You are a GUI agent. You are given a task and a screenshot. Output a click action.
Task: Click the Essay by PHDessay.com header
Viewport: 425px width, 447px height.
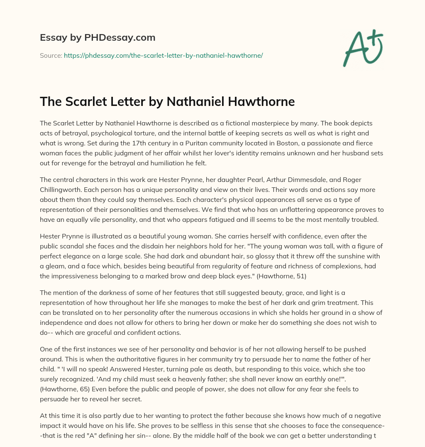98,38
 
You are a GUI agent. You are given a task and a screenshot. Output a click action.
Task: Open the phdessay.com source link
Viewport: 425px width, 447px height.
163,55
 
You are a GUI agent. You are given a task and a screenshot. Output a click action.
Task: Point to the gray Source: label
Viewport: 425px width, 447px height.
51,55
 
